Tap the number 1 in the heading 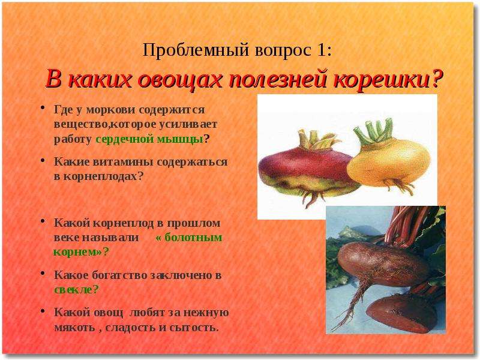pyautogui.click(x=320, y=50)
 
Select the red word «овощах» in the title pyautogui.click(x=181, y=80)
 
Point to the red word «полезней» pyautogui.click(x=278, y=80)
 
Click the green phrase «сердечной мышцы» pyautogui.click(x=149, y=139)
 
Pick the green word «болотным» pyautogui.click(x=193, y=237)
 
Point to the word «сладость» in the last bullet pyautogui.click(x=130, y=328)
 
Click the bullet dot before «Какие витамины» pyautogui.click(x=43, y=160)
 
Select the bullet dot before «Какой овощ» pyautogui.click(x=43, y=311)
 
